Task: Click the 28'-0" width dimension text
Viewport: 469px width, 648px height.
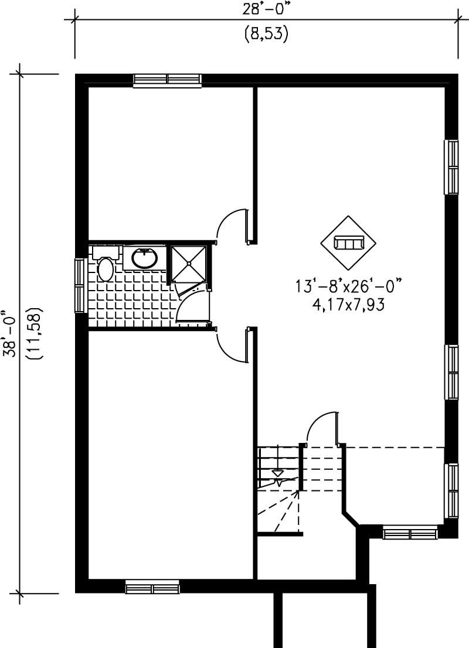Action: coord(266,10)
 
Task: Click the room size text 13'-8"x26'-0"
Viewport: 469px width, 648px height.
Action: coord(351,288)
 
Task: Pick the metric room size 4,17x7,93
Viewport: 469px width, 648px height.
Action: coord(351,305)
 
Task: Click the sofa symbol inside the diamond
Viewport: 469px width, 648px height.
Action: coord(349,242)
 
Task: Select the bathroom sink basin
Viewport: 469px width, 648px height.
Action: coord(144,258)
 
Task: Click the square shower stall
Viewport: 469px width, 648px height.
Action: coord(189,264)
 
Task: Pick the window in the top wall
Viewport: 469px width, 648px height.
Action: coord(167,80)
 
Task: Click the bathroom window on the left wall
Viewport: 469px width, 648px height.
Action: coord(81,286)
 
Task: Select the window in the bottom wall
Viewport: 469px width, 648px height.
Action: coord(152,586)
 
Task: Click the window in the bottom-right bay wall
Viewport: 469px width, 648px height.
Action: coord(410,533)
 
